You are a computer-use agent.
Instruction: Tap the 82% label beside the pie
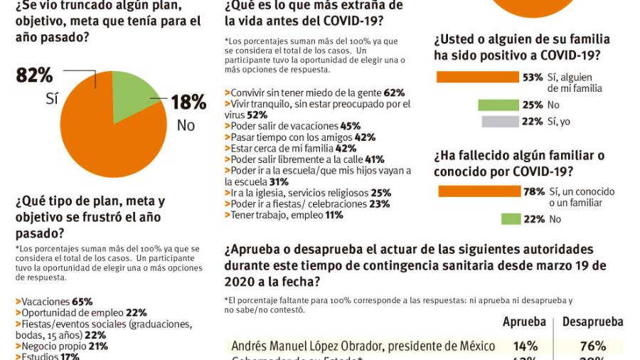pos(34,75)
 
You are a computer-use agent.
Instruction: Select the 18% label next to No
pos(188,102)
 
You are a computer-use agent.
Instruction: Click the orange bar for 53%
pos(477,77)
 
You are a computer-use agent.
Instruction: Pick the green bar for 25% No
pos(498,105)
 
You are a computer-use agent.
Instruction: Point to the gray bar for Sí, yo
pos(500,122)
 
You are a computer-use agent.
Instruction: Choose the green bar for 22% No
pos(510,219)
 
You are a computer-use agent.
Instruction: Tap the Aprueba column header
pos(523,322)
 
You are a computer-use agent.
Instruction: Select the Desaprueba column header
pos(592,322)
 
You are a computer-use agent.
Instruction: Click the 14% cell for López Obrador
pos(523,346)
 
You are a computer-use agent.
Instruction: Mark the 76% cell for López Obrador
pos(592,346)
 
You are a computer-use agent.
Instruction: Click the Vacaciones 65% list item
pos(57,301)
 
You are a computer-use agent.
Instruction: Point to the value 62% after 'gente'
pos(394,92)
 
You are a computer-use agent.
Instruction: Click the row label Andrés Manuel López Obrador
pos(363,346)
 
